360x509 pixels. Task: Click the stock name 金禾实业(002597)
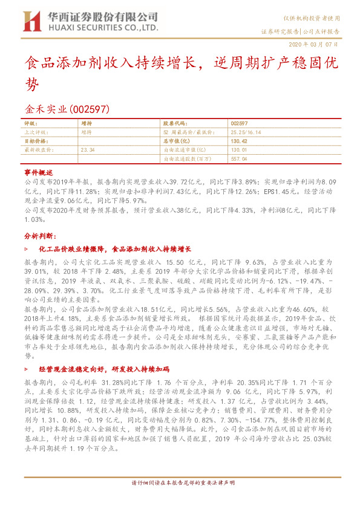[x=66, y=109]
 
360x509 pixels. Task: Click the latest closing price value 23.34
[x=88, y=149]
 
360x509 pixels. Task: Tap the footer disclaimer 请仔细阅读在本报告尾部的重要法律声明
[x=180, y=500]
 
